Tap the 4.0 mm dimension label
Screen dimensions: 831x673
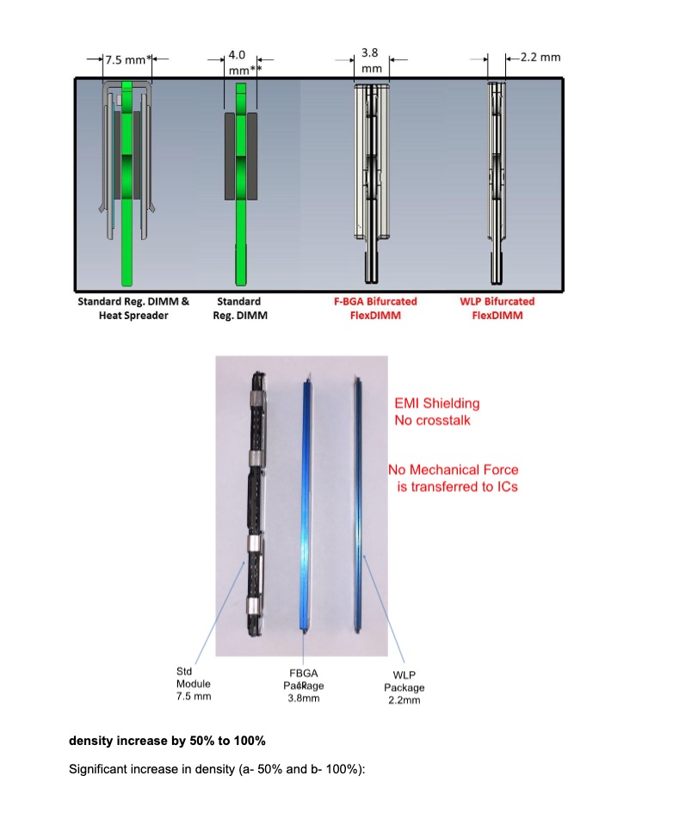point(236,62)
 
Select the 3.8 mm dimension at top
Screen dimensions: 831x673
point(371,59)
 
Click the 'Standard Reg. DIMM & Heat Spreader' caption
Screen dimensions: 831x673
point(133,309)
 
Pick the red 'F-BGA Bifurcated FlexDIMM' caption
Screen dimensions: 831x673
point(375,309)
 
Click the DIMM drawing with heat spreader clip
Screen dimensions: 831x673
point(129,181)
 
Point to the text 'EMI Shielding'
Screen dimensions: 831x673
point(437,403)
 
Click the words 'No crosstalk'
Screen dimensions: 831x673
point(432,421)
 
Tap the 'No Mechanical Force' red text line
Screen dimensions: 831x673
point(454,470)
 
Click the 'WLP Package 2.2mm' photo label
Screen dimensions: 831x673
point(404,687)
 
